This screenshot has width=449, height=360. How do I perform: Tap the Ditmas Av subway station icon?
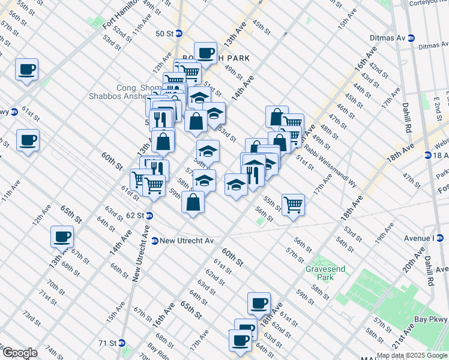coord(411,37)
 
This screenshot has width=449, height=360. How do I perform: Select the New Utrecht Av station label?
coord(187,241)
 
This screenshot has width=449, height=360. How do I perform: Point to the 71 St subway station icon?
coord(122,343)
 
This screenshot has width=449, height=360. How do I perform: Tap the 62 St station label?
coord(135,215)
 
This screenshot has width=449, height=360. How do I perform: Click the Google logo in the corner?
coord(20,353)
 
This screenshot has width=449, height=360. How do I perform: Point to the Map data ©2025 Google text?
coord(412,355)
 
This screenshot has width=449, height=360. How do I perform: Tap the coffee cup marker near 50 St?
coord(205,53)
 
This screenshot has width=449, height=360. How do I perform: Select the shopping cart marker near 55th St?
coord(293,205)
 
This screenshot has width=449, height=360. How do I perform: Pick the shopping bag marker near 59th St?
coord(193,202)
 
